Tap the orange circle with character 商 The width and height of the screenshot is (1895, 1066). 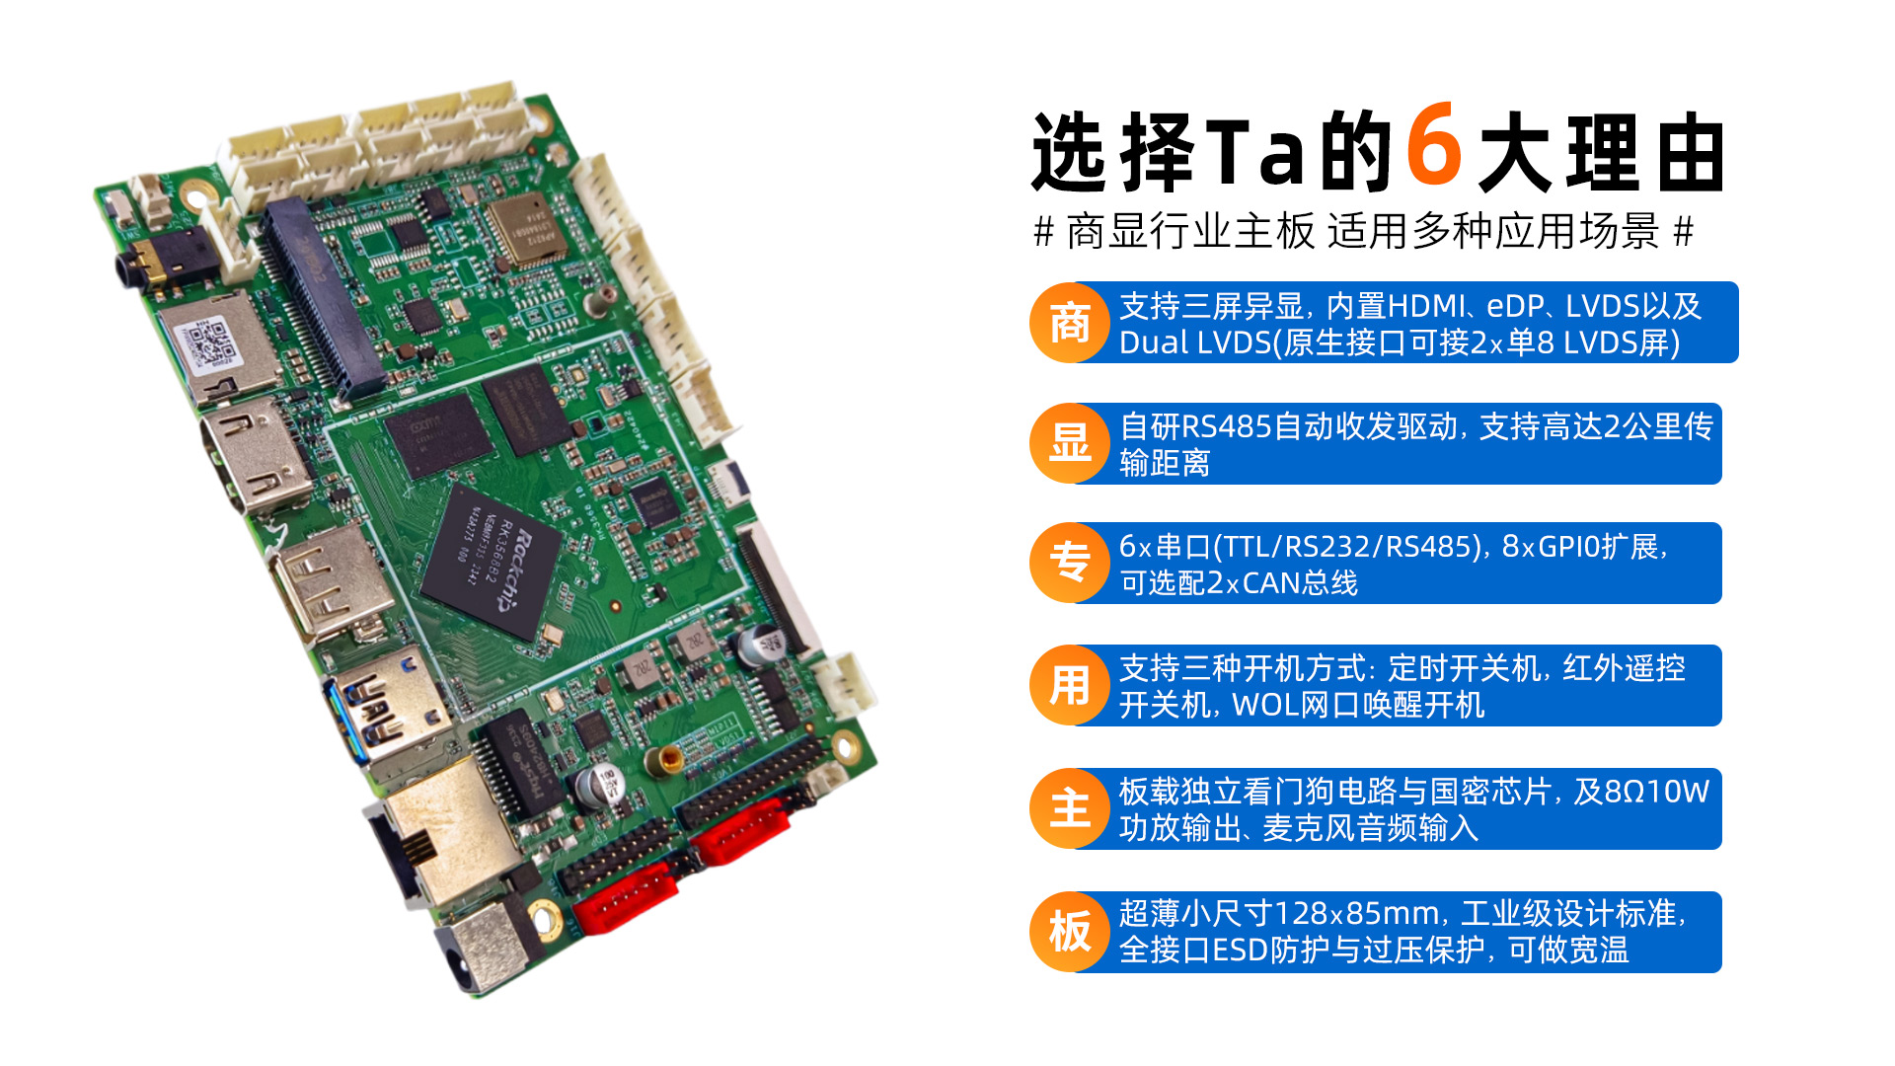[1070, 323]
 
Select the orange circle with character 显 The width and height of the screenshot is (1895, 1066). [1070, 443]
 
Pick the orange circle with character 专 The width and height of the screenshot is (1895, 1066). [1070, 563]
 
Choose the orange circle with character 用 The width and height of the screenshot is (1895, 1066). [1070, 685]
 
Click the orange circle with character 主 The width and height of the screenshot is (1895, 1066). [1070, 808]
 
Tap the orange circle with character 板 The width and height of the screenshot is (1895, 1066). [1070, 932]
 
